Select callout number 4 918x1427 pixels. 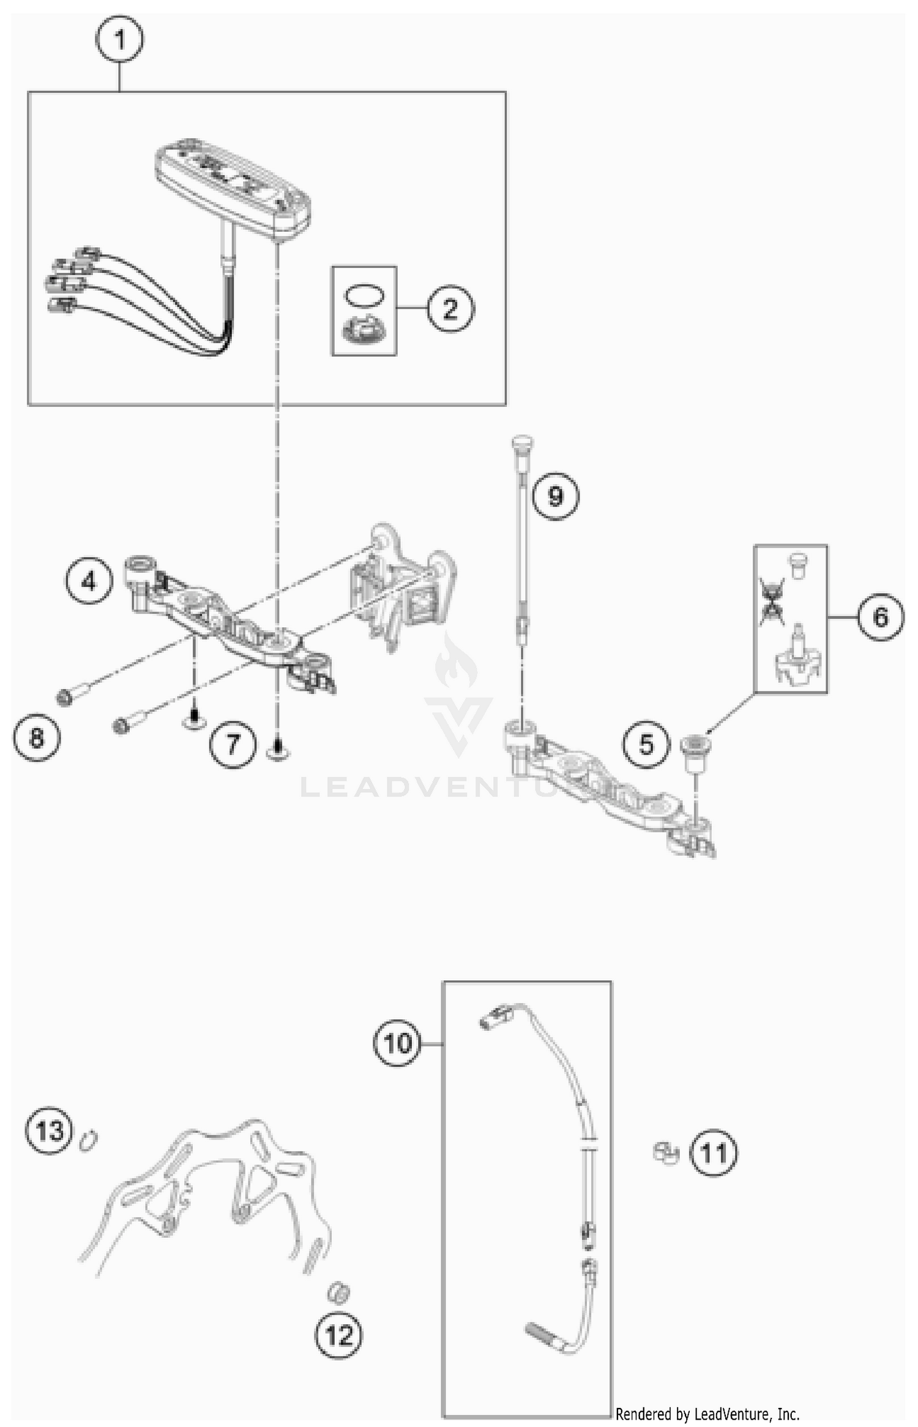[x=89, y=581]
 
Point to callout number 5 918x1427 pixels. [x=646, y=744]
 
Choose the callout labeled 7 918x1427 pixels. [x=233, y=744]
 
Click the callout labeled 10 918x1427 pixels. [x=397, y=1042]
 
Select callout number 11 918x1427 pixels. [x=714, y=1153]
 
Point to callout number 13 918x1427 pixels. [x=49, y=1130]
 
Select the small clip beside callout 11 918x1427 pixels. [x=666, y=1153]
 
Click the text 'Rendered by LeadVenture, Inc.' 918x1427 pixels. [x=707, y=1414]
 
